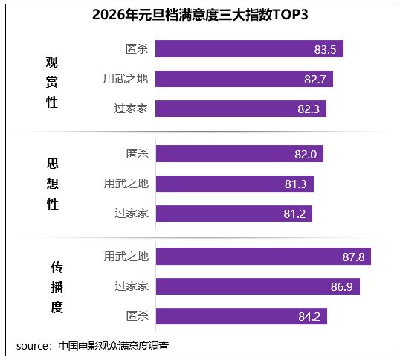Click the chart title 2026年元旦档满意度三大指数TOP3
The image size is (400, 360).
199,14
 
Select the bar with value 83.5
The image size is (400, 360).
249,50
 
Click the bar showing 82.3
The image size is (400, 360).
241,109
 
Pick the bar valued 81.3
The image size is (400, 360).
235,184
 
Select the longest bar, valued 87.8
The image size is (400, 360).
263,257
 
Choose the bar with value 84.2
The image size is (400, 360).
241,316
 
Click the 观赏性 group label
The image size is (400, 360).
51,83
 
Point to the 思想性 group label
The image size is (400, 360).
51,183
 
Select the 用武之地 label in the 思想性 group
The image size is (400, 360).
126,184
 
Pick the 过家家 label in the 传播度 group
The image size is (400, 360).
132,286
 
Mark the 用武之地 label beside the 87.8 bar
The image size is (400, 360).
126,257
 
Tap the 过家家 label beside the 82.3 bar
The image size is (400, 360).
132,109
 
